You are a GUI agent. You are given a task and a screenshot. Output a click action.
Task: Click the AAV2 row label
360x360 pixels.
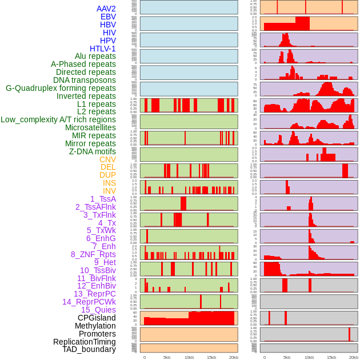click(x=106, y=9)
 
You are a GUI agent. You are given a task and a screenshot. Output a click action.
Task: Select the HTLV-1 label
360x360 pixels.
click(x=102, y=49)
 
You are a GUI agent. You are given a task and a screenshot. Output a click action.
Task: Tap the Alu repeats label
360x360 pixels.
click(x=95, y=56)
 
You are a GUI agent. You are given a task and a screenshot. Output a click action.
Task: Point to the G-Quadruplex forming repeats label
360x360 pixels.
click(x=61, y=88)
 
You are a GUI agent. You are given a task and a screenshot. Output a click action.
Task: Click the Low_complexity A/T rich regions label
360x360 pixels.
click(x=58, y=119)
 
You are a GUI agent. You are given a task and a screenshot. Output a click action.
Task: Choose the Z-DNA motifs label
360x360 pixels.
click(x=92, y=151)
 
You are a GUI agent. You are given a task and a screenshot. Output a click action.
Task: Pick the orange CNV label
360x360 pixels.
click(x=107, y=159)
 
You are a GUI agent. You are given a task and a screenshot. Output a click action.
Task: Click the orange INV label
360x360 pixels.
click(x=109, y=191)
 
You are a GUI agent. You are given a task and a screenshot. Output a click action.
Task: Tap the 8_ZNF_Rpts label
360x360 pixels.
click(x=93, y=254)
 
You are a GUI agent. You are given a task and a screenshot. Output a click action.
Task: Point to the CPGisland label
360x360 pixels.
click(x=97, y=318)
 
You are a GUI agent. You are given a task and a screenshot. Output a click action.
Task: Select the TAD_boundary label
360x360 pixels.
click(x=89, y=349)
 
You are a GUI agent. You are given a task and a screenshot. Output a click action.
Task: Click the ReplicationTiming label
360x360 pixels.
click(x=84, y=342)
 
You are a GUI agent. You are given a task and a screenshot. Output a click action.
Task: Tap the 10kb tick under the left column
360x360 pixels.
click(x=189, y=357)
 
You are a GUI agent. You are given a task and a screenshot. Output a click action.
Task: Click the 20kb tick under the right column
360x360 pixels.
click(x=353, y=357)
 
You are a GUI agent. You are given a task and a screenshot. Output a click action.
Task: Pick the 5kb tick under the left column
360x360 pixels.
click(x=167, y=357)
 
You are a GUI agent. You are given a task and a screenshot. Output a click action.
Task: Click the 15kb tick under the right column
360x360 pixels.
click(x=331, y=357)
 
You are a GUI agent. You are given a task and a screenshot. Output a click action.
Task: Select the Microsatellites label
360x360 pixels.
click(x=90, y=127)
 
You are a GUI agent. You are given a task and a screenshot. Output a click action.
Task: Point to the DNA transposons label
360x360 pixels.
click(x=85, y=80)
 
